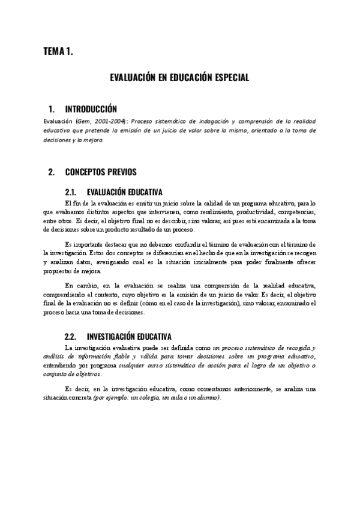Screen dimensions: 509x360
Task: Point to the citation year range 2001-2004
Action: [x=108, y=121]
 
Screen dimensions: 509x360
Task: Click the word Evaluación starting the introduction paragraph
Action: [x=58, y=121]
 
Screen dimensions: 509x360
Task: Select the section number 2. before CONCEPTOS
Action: [x=51, y=172]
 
